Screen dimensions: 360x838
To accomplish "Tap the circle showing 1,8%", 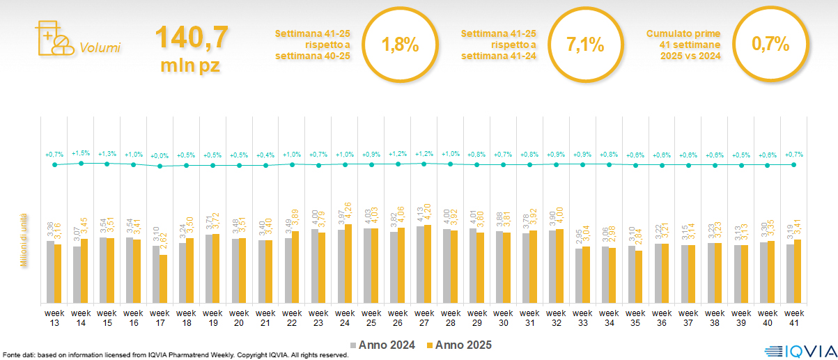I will [400, 45].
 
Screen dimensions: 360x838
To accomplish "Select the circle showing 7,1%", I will [585, 45].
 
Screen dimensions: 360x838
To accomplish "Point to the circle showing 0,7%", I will [770, 45].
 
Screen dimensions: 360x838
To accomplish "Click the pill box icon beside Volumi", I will [53, 39].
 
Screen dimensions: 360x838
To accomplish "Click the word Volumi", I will [100, 48].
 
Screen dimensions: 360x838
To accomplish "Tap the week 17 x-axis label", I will [160, 317].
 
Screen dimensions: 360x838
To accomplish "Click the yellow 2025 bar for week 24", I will [348, 263].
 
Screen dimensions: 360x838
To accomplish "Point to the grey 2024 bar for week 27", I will [420, 265].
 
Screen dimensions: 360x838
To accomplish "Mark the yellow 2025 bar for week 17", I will [163, 279].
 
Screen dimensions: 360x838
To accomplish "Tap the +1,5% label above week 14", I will [81, 153].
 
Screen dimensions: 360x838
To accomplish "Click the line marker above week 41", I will [793, 164].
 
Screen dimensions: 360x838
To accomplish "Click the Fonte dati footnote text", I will [174, 355].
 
